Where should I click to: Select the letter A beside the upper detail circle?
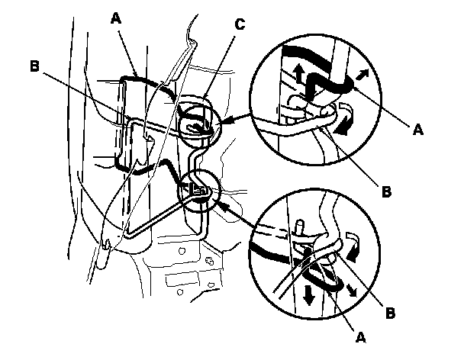click(418, 130)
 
